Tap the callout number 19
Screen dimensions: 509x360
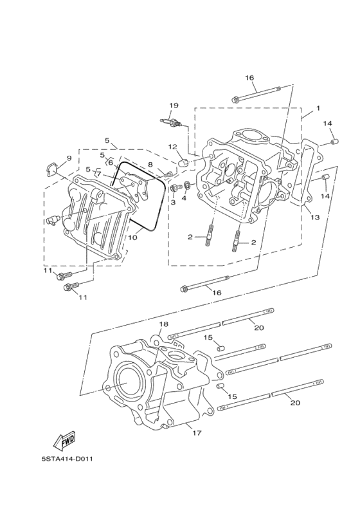coord(174,106)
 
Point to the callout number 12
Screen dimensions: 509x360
coord(173,147)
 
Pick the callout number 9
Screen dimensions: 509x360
coord(69,158)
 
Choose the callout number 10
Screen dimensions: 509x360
coord(132,237)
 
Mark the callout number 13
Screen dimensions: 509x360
coord(315,217)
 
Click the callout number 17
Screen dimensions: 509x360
coord(197,432)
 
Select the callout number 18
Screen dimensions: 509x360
coord(164,324)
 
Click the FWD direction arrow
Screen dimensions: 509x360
coord(64,441)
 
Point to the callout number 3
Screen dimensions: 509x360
coord(173,202)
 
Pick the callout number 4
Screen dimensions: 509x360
coord(184,198)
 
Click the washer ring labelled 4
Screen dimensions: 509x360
coord(186,187)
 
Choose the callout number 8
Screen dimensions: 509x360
coord(150,164)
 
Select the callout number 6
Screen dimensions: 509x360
coord(110,162)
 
